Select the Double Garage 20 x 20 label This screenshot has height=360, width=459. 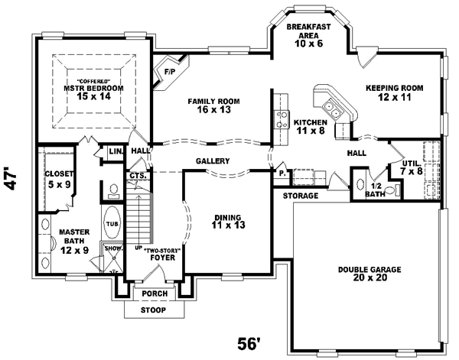[364, 274]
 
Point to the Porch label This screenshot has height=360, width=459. [151, 294]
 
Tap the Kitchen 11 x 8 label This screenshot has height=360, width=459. [311, 126]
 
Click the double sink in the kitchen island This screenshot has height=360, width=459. [331, 99]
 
